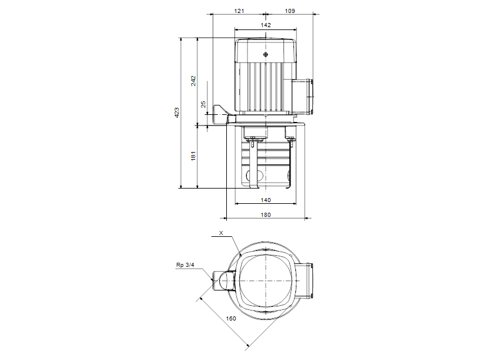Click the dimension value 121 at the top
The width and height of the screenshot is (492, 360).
point(239,11)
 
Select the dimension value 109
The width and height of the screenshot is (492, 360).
point(290,11)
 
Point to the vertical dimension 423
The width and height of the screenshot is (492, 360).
point(177,113)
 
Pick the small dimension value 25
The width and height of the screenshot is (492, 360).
point(203,104)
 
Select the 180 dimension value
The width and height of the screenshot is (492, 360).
point(265,214)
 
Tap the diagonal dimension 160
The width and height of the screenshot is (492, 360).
point(231,318)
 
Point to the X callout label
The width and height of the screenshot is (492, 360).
point(221,233)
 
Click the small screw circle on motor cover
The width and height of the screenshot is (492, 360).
point(266,55)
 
